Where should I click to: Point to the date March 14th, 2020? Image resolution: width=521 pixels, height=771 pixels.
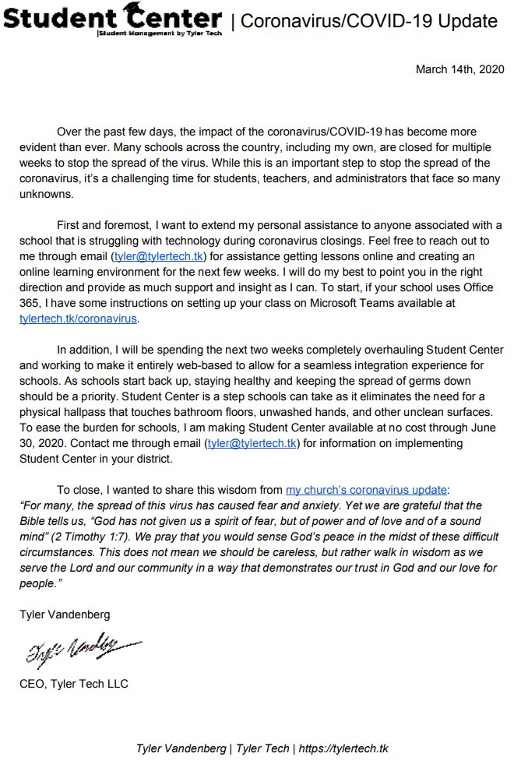tap(459, 69)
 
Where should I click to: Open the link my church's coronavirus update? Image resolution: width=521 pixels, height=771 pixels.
tap(366, 490)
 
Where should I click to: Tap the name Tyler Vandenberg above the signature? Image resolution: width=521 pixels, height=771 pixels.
tap(65, 614)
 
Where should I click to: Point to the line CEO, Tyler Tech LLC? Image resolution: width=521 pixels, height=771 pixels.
tap(74, 684)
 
